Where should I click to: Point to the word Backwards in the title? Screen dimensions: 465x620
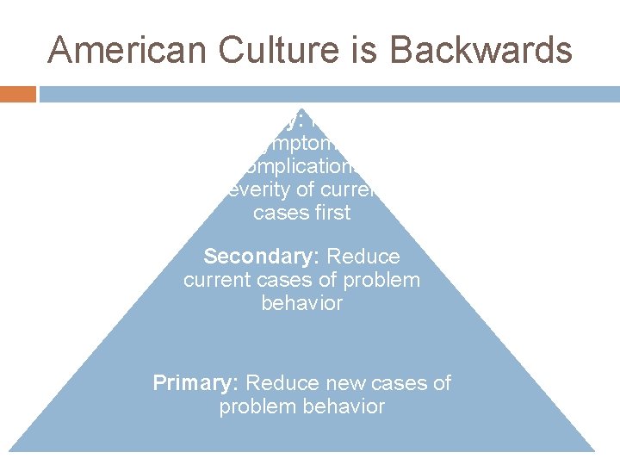coord(480,50)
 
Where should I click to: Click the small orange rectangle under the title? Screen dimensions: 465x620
coord(18,94)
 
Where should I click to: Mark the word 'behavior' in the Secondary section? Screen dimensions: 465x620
coord(302,303)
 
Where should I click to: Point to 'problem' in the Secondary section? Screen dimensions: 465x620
coord(380,280)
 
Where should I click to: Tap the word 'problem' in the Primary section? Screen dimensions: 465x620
coord(257,406)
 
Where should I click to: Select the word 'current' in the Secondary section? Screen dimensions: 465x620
coord(216,280)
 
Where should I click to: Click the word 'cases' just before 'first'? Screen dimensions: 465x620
coord(279,213)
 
